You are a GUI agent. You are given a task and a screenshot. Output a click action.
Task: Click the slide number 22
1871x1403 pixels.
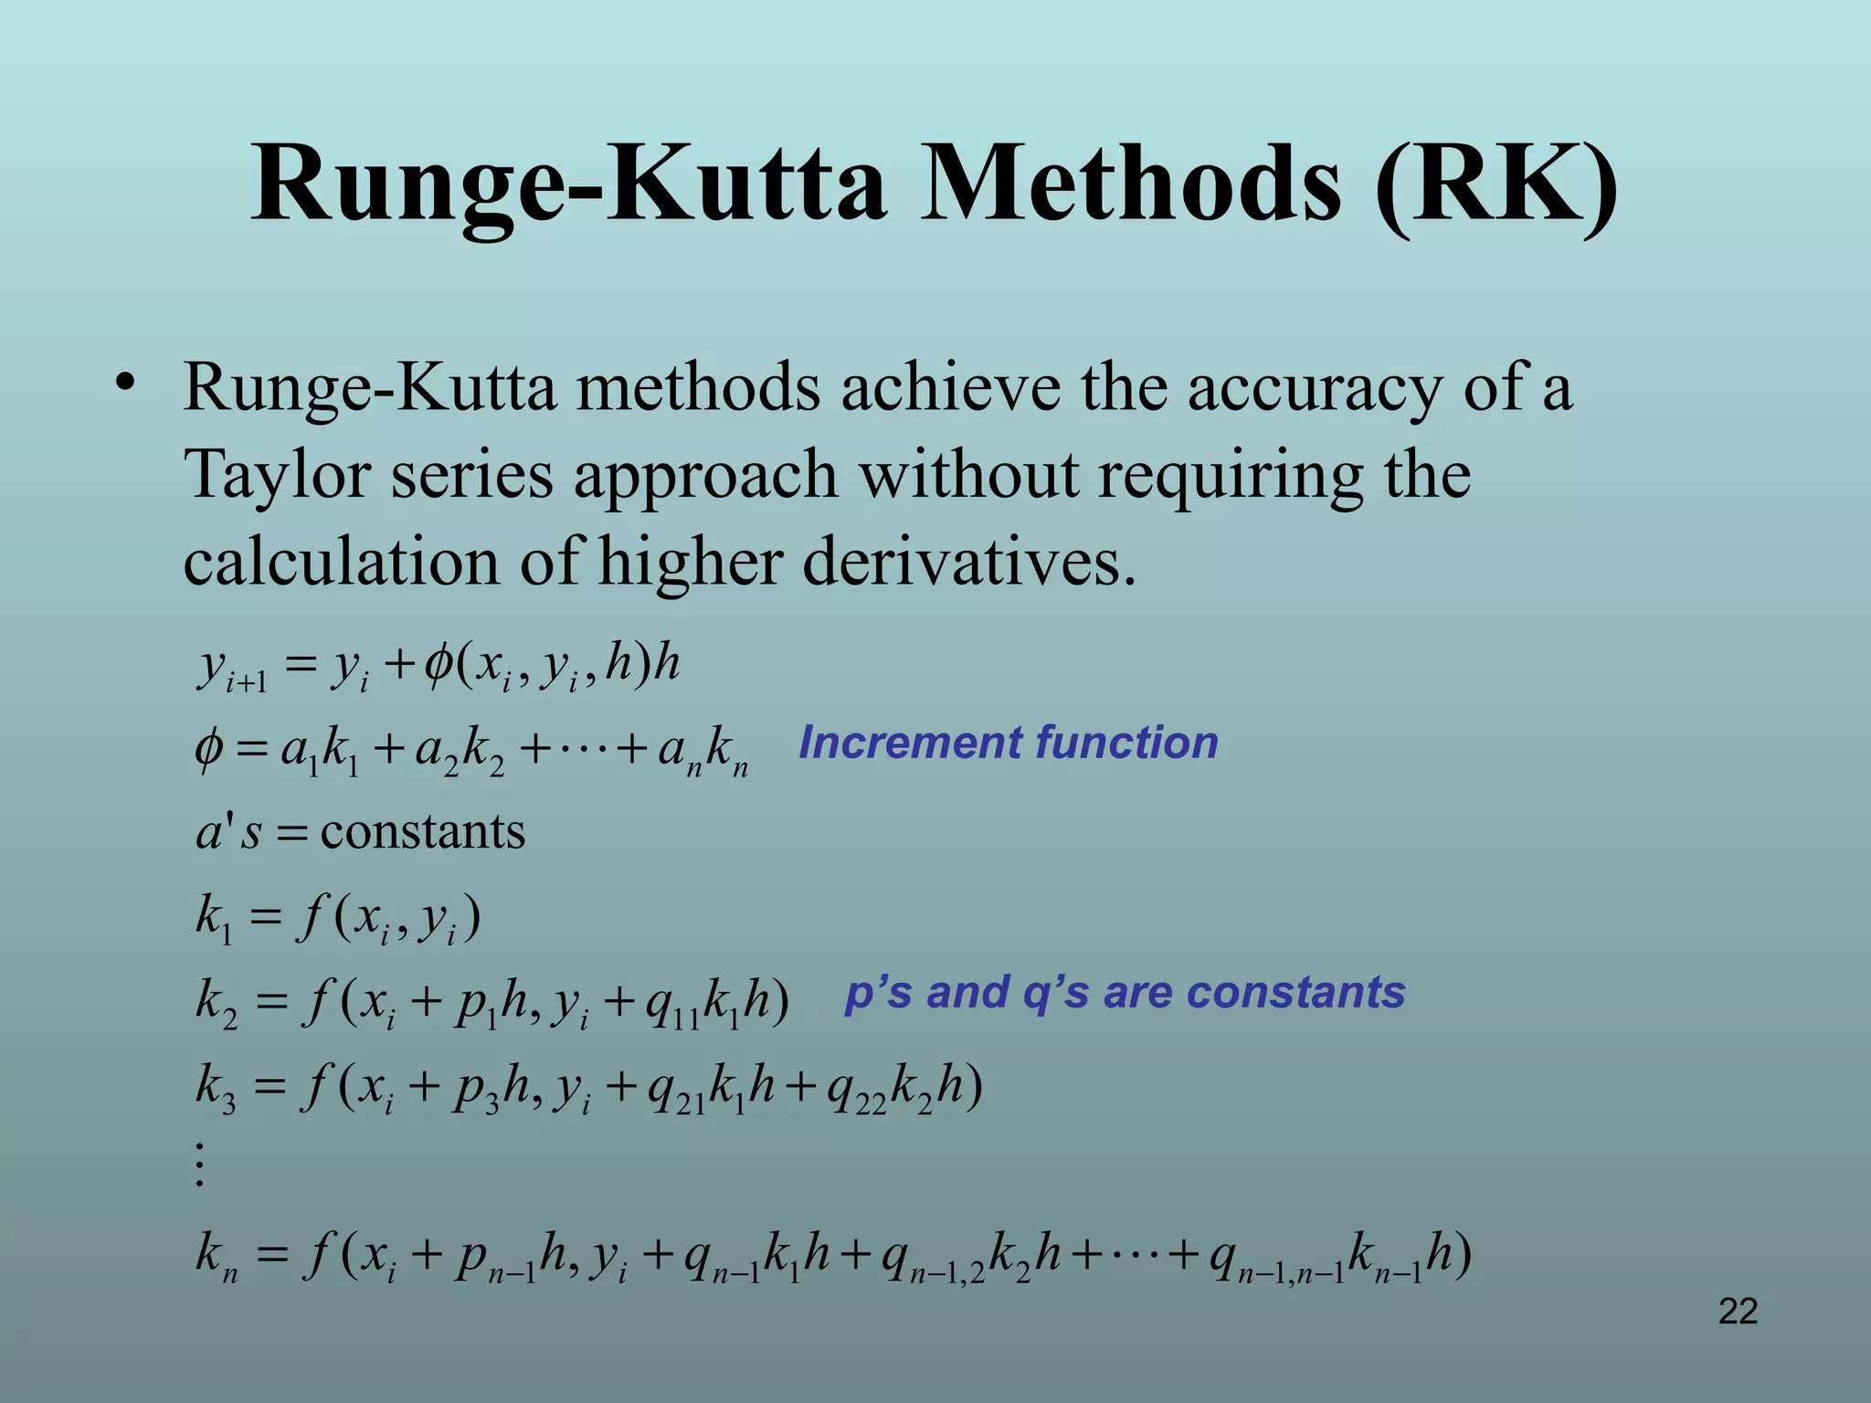tap(1738, 1312)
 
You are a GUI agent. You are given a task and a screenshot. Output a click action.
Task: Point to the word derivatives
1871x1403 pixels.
tap(968, 562)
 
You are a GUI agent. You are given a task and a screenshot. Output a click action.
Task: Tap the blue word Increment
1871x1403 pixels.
tap(910, 743)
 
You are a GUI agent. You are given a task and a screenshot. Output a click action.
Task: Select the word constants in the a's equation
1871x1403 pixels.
tap(423, 832)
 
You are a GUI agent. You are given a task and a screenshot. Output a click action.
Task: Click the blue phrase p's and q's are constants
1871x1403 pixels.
tap(1125, 993)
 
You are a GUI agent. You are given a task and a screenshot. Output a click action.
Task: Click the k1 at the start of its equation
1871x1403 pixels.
tap(215, 919)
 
